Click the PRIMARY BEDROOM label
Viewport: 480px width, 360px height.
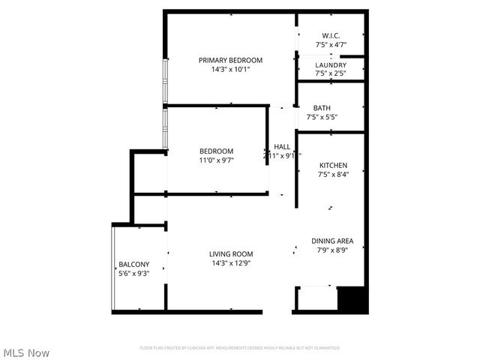[230, 60]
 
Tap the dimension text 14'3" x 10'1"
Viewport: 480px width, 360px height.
[230, 70]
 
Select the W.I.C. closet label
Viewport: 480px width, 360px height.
[331, 35]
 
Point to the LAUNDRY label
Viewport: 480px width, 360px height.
[331, 65]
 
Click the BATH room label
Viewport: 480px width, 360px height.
[322, 107]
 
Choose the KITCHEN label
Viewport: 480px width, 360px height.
[333, 165]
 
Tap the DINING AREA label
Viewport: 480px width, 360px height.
[332, 241]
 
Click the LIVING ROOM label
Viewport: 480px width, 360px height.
[231, 253]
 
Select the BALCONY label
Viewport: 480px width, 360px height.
[134, 264]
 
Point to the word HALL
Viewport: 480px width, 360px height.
[282, 146]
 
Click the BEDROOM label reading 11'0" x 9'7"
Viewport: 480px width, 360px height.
[216, 151]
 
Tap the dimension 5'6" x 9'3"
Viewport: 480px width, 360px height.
[134, 274]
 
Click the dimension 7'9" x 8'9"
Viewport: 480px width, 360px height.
[332, 250]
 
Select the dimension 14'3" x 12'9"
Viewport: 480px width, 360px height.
[231, 263]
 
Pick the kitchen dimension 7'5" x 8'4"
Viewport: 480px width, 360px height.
[333, 175]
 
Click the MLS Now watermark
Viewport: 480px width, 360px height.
[26, 352]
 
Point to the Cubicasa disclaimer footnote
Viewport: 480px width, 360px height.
[240, 348]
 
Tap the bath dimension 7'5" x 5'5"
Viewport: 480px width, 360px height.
[322, 117]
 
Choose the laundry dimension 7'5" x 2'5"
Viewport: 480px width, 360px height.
[331, 74]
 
